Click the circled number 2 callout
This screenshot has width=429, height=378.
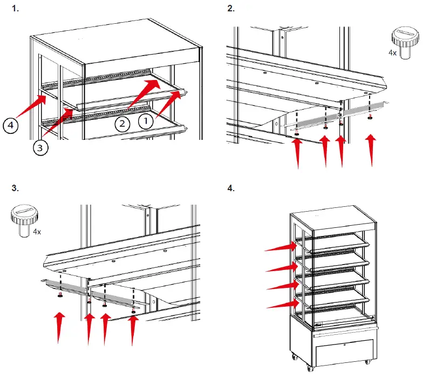122,124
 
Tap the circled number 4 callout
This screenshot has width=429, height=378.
10,126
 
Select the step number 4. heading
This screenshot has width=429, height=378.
231,188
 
